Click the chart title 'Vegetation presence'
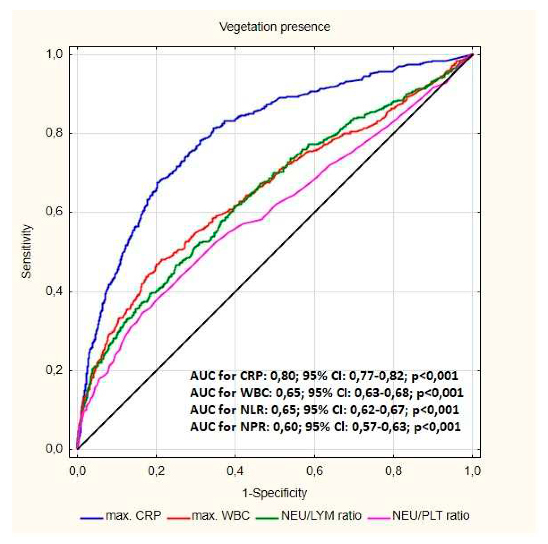click(275, 27)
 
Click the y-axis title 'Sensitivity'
click(27, 251)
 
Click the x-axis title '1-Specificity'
click(275, 493)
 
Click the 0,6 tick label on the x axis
click(315, 471)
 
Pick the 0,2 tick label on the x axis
click(156, 471)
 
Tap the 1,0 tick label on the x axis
click(472, 471)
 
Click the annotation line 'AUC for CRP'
click(324, 376)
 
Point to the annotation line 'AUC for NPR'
click(325, 427)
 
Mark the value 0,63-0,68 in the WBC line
click(382, 393)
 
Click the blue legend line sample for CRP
click(91, 517)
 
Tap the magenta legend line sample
click(380, 517)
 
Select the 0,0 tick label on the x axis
click(77, 471)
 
